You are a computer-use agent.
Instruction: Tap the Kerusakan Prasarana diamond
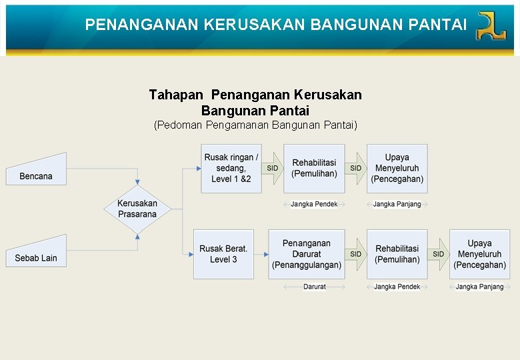[137, 209]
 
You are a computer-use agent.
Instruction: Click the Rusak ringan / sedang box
[231, 168]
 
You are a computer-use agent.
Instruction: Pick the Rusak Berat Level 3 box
[223, 254]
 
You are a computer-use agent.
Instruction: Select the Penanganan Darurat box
[306, 254]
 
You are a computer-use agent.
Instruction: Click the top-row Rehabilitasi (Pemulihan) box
[314, 168]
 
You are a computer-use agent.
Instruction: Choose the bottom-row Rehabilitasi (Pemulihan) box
[397, 254]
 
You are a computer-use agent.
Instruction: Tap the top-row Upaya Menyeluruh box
[397, 168]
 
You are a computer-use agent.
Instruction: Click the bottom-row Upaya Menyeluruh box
[479, 254]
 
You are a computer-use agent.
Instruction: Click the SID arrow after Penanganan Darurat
[356, 254]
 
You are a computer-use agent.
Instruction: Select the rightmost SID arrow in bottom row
[439, 254]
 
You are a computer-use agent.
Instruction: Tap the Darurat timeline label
[315, 287]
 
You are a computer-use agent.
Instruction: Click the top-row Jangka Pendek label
[314, 204]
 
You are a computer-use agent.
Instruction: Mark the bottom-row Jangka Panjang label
[479, 287]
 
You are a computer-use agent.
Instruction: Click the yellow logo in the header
[491, 26]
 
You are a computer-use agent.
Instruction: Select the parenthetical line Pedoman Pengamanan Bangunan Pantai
[255, 125]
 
